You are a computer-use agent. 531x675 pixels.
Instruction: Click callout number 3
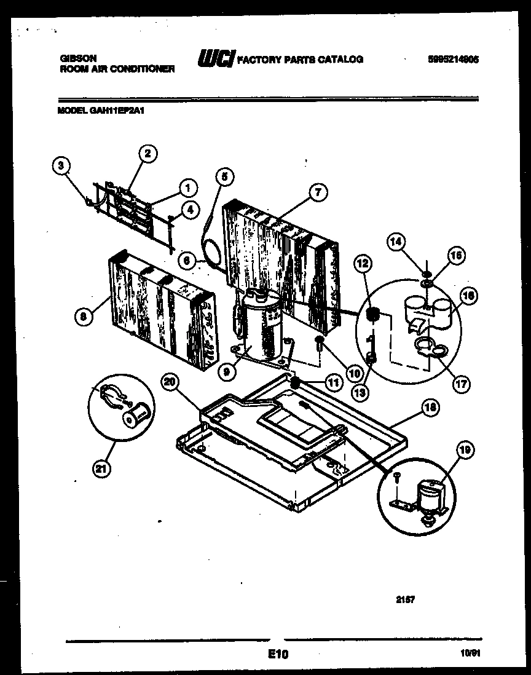pos(60,164)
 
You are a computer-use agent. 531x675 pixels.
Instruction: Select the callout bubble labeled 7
pos(318,192)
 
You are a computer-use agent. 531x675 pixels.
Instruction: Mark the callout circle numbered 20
pos(170,382)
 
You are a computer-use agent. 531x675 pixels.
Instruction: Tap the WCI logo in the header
pos(214,59)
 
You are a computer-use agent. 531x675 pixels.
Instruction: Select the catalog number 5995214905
pos(453,60)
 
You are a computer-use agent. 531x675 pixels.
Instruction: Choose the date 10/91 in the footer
pos(470,655)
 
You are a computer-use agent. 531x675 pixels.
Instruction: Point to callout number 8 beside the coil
pos(84,317)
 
